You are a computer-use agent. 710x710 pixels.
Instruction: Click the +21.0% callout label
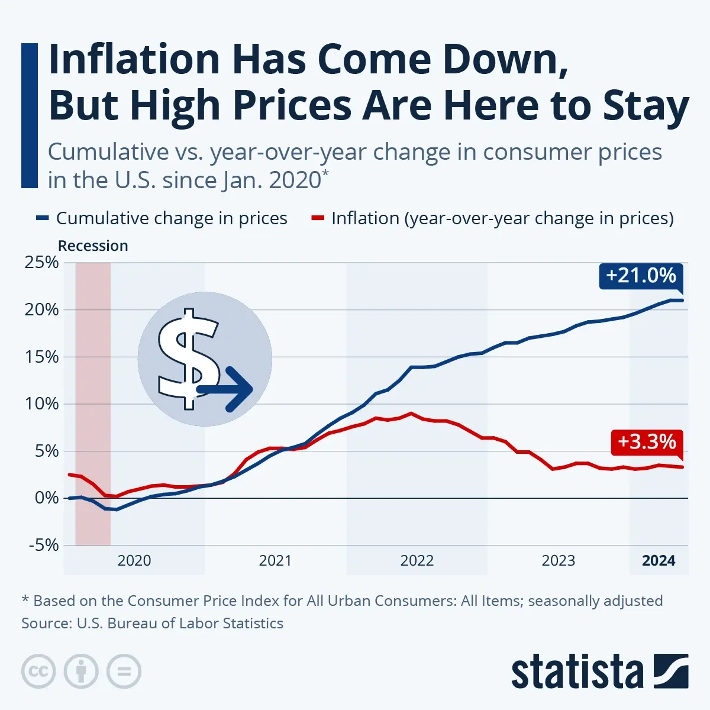click(641, 276)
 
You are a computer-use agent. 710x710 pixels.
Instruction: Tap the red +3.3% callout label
click(647, 442)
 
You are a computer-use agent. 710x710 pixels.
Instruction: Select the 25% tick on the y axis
click(41, 262)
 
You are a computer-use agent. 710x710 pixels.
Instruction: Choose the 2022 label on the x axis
click(417, 560)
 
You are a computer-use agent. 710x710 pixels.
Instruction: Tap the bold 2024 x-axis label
click(659, 560)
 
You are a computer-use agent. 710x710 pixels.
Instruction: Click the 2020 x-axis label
click(134, 560)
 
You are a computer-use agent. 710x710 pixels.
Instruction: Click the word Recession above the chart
click(93, 246)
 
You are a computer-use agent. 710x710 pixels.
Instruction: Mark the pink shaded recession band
click(93, 402)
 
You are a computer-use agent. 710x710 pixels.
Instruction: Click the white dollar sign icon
click(188, 358)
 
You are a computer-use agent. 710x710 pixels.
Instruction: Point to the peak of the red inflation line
click(411, 414)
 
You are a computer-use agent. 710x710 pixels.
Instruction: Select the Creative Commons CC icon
click(38, 672)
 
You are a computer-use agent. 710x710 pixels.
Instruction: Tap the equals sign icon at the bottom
click(124, 672)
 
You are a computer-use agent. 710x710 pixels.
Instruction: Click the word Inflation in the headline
click(134, 60)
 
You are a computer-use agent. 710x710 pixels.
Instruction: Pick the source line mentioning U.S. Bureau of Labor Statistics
click(152, 624)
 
